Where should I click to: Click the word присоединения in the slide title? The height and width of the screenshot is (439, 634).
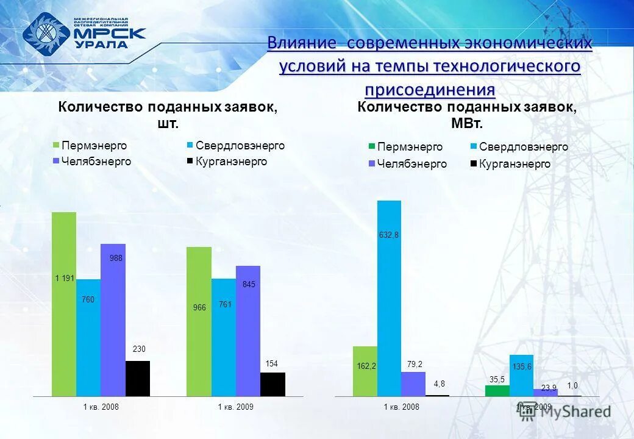(x=430, y=90)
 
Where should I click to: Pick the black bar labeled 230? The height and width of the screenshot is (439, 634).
(x=138, y=378)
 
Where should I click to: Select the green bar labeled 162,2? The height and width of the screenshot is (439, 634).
(x=365, y=371)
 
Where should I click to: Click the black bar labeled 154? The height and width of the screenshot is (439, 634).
(x=272, y=384)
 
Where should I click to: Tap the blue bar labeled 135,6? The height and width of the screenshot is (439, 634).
(x=521, y=375)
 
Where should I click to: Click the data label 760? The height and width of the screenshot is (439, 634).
(x=88, y=299)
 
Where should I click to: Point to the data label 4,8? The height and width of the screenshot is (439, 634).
(x=439, y=384)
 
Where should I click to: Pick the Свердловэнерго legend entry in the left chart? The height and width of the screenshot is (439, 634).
(x=235, y=146)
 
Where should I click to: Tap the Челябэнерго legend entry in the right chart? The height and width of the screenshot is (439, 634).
(x=407, y=164)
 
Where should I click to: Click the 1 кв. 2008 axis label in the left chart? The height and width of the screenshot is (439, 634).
(x=101, y=406)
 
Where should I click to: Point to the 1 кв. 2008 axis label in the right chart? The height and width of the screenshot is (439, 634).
(x=401, y=407)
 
